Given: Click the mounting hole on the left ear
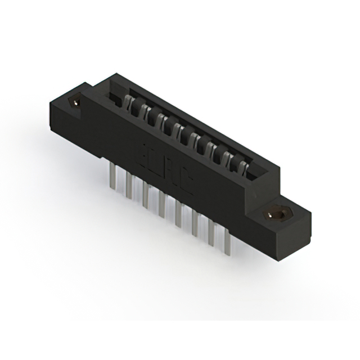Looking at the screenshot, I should (74, 102).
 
